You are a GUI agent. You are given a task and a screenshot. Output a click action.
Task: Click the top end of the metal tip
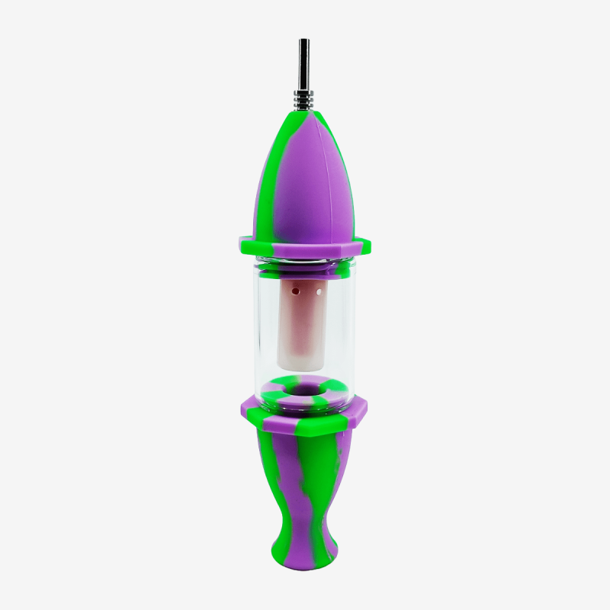304,40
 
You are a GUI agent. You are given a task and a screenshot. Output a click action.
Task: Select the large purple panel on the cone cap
305,183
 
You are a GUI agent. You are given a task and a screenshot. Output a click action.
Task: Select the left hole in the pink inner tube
294,291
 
